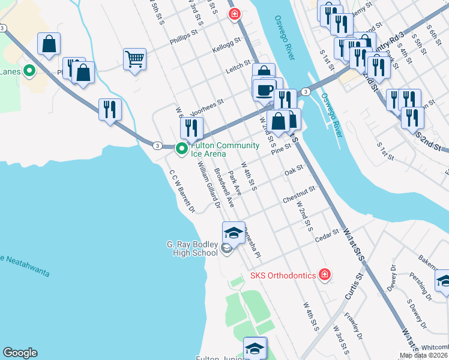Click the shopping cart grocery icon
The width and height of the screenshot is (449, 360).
click(x=135, y=59)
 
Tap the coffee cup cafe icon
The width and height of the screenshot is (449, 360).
click(x=264, y=89)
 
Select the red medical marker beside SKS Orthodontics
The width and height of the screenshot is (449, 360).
click(x=325, y=275)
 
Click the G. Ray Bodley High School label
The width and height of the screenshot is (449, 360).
click(x=191, y=248)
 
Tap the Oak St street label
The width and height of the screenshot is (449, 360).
click(x=294, y=171)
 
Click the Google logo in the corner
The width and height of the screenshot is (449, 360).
click(x=20, y=353)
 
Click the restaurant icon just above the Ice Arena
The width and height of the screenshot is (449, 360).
click(x=191, y=128)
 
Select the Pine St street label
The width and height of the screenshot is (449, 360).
click(x=280, y=151)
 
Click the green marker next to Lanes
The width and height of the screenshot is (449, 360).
click(x=28, y=71)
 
